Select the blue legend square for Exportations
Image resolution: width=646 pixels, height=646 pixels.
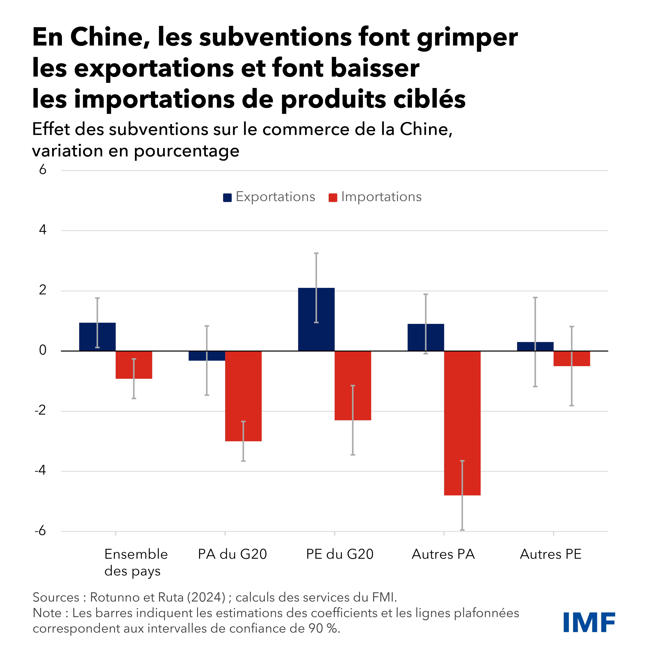tap(227, 198)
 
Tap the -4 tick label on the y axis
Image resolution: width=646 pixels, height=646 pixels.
tap(40, 470)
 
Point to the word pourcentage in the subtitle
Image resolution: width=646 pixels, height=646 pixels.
tap(187, 151)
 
